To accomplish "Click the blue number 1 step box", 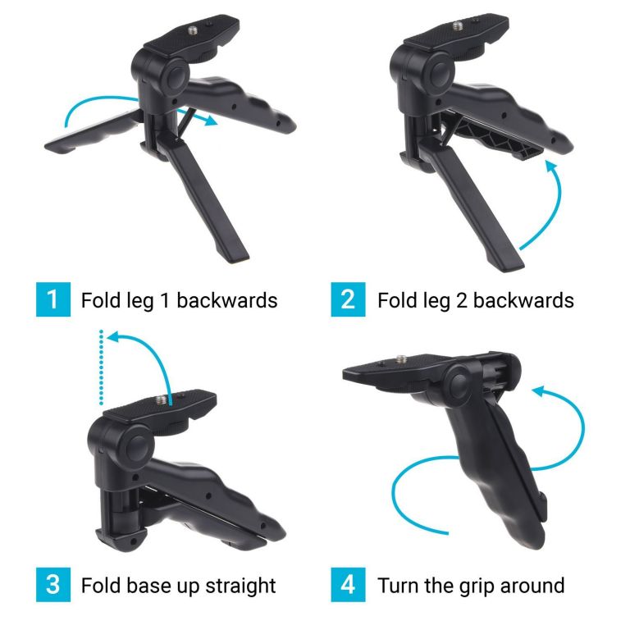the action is click(x=53, y=299).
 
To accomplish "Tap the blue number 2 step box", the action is click(x=348, y=299).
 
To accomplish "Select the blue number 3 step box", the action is click(x=53, y=585).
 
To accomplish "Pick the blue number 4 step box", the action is click(x=348, y=585).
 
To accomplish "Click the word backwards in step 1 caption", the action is click(x=227, y=300).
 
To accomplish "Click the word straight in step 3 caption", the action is click(x=240, y=586).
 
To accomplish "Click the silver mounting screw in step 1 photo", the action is click(x=194, y=30).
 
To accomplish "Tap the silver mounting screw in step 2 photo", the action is click(x=458, y=25).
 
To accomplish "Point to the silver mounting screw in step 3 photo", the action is click(x=161, y=399).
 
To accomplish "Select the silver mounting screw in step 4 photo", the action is click(x=401, y=358).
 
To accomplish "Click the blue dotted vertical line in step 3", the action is click(x=101, y=367).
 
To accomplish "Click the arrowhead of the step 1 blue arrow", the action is click(x=210, y=120).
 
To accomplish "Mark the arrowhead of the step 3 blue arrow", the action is click(x=115, y=336).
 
